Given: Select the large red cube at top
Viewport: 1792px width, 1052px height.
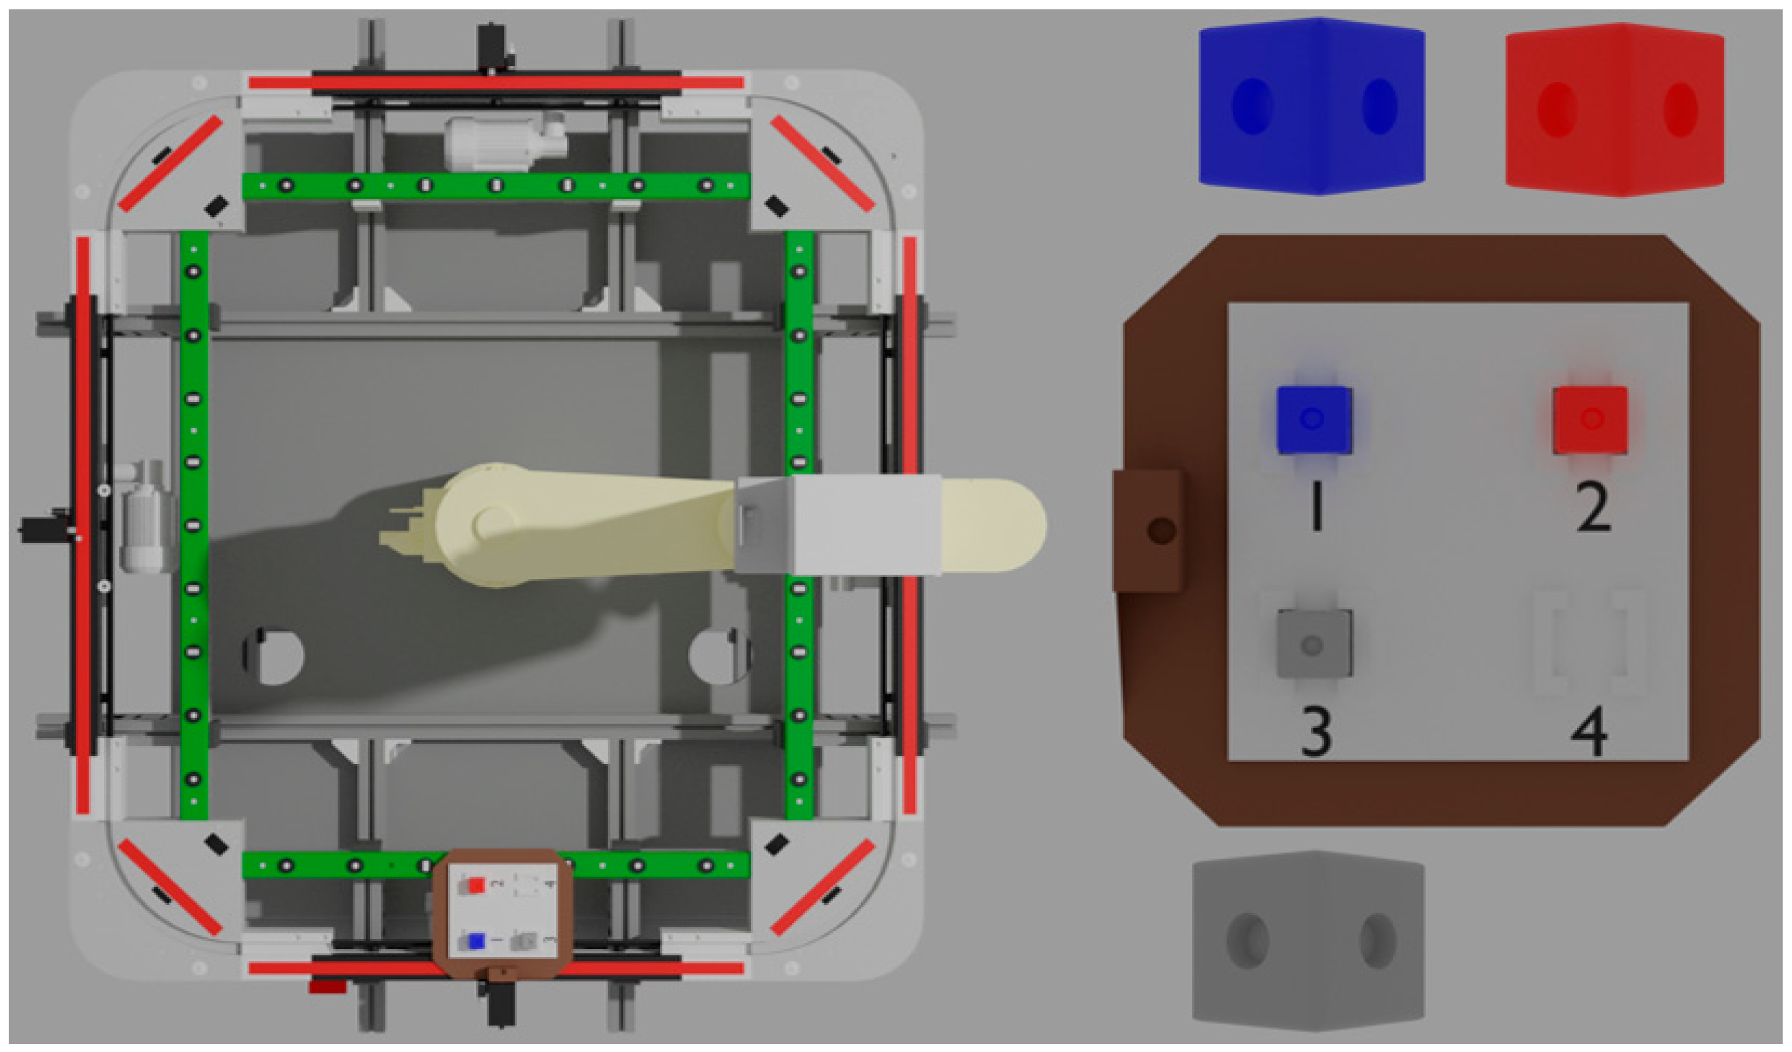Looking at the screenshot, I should point(1614,110).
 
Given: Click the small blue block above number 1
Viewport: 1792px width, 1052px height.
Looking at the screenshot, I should point(1313,419).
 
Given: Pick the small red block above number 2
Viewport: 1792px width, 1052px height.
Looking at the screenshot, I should point(1590,419).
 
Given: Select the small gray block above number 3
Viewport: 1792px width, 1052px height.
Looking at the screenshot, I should point(1313,644).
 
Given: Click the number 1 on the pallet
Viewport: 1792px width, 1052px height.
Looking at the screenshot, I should point(1316,507).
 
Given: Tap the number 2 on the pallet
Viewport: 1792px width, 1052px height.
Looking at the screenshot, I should point(1593,507).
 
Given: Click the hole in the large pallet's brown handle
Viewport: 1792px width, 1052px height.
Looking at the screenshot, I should point(1161,530).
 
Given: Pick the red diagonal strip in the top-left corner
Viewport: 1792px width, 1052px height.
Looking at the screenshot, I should point(170,164).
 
